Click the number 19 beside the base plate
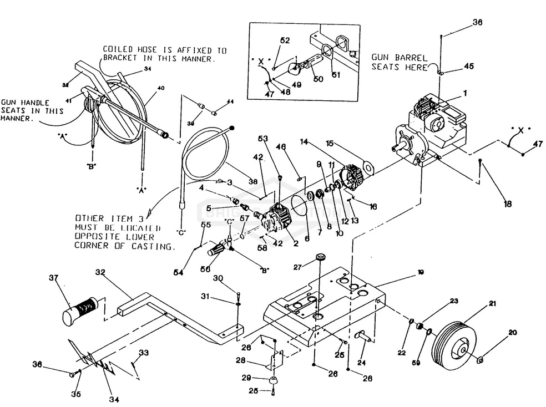click(x=421, y=273)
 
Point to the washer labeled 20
click(x=481, y=362)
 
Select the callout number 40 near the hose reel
click(x=161, y=88)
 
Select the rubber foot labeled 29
click(x=272, y=382)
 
